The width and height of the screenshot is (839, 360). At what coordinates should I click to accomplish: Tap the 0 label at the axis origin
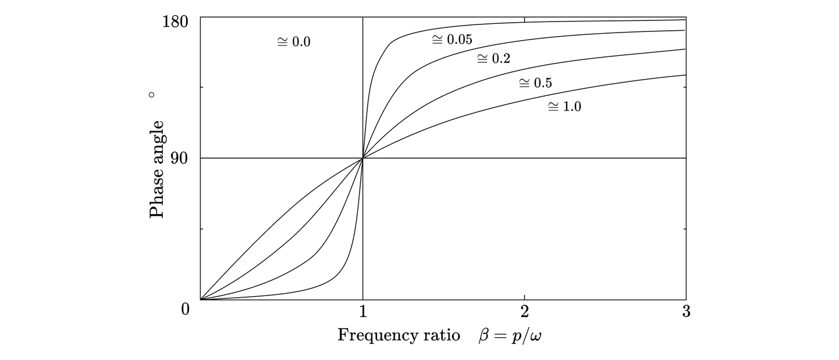click(x=186, y=309)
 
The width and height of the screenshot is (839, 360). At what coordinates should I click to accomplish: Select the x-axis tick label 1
click(x=362, y=312)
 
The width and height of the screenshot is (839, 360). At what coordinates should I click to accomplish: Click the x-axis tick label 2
click(x=524, y=312)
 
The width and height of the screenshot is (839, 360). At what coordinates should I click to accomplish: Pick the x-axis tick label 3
click(x=686, y=312)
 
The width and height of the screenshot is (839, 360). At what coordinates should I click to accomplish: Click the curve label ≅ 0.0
click(x=294, y=42)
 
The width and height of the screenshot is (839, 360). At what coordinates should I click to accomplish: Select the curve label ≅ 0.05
click(x=452, y=40)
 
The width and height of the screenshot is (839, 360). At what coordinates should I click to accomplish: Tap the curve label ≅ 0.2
click(x=493, y=59)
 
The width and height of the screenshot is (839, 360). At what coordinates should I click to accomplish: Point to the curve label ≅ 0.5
click(x=535, y=83)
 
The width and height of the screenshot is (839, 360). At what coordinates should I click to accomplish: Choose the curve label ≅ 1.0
click(x=564, y=107)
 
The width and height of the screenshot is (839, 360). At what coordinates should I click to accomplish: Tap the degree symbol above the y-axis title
click(x=152, y=94)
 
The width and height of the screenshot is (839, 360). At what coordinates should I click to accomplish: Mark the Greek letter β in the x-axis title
click(x=485, y=337)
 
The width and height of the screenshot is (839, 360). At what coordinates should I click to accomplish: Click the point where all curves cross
click(x=363, y=158)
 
